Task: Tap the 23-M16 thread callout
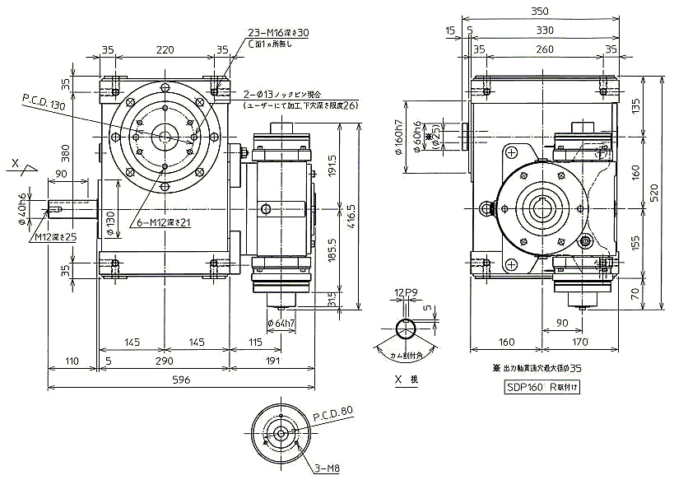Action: click(x=278, y=32)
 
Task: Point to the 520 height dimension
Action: click(x=656, y=193)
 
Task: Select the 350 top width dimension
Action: click(x=539, y=12)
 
